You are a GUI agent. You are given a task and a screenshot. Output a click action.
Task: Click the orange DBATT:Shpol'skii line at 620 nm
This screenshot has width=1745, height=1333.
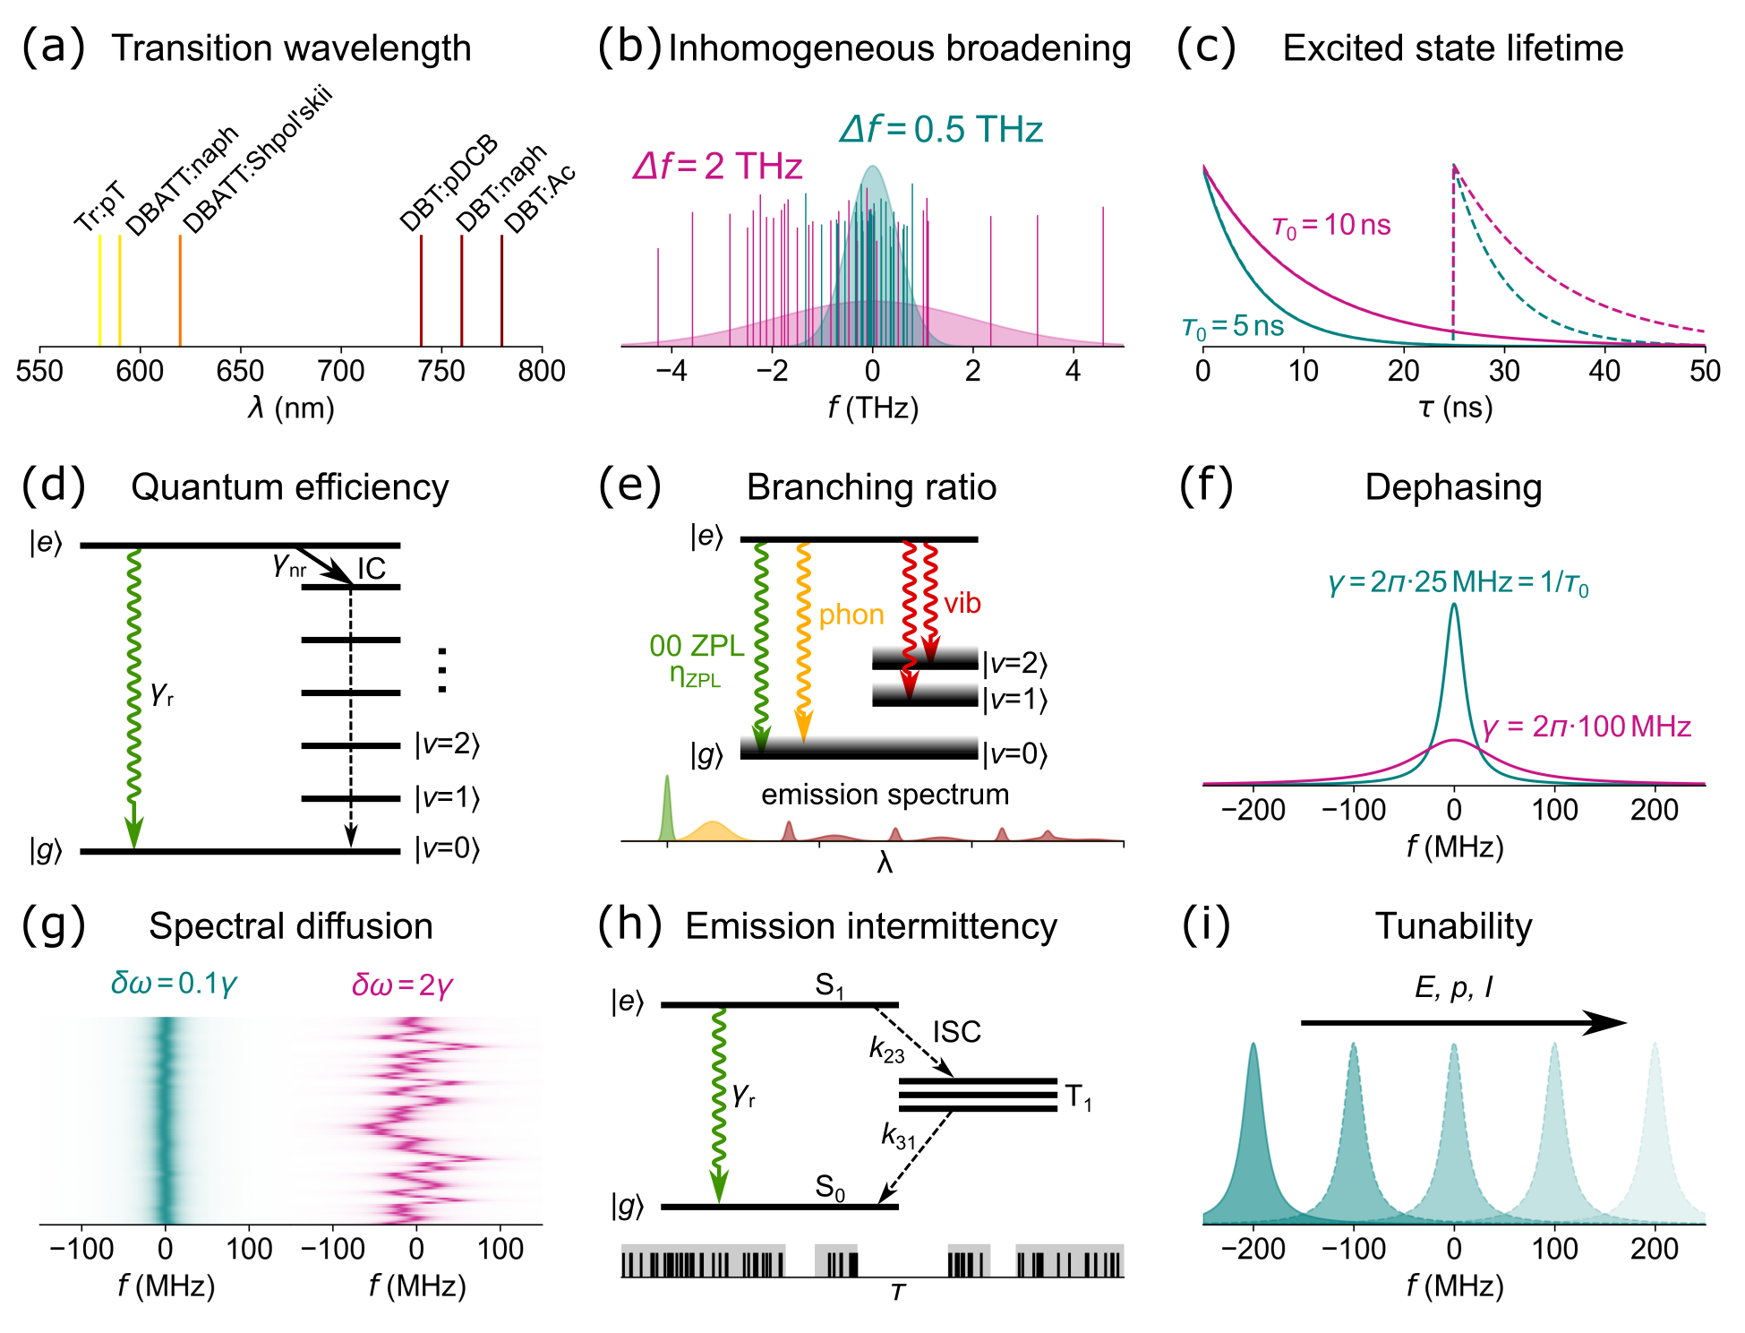180,290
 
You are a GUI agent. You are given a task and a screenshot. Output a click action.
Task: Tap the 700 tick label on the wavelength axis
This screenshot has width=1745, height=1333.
340,371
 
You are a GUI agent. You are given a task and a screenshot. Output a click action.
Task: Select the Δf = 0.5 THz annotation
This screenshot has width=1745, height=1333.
941,130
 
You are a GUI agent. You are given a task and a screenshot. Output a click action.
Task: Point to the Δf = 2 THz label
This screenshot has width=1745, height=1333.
717,167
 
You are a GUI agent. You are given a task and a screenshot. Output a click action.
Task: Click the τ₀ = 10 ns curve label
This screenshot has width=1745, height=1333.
1331,226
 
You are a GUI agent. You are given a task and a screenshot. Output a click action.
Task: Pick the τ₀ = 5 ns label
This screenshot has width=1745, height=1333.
1233,327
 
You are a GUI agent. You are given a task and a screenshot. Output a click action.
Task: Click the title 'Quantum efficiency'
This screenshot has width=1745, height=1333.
289,487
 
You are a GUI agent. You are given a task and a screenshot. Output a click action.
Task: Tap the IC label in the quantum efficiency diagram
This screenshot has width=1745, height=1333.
372,569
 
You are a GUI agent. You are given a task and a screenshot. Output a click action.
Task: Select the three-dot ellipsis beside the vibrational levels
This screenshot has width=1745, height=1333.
441,670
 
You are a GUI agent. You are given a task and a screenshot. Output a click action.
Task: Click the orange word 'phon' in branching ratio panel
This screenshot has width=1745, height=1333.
851,615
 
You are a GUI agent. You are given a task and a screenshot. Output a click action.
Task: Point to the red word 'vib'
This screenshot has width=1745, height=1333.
962,603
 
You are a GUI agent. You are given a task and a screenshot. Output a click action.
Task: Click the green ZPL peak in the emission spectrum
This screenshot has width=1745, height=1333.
667,806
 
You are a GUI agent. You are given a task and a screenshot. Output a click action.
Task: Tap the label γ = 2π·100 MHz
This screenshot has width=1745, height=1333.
1587,727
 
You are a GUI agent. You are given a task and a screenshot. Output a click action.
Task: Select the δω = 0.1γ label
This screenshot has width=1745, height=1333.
174,984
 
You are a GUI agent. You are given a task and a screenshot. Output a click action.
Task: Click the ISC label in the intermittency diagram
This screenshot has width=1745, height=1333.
957,1032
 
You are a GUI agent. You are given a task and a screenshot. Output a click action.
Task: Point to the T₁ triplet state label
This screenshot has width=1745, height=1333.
1078,1096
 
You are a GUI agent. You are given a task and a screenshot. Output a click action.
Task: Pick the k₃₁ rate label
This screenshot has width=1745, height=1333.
898,1137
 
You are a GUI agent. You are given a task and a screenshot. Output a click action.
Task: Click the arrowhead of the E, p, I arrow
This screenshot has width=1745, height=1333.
1607,1022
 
